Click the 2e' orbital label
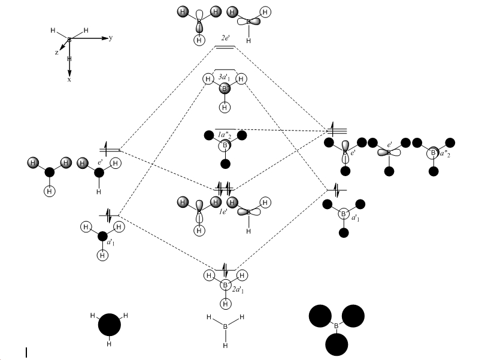point(225,37)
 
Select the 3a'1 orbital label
point(225,77)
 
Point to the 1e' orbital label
point(222,211)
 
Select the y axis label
point(111,38)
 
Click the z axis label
point(56,53)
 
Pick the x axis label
point(69,79)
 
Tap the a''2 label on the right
point(443,154)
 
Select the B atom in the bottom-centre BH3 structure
point(225,326)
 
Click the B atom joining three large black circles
point(336,326)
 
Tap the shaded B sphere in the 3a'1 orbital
point(225,89)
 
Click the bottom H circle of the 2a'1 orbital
point(225,304)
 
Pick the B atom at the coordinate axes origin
point(69,40)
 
